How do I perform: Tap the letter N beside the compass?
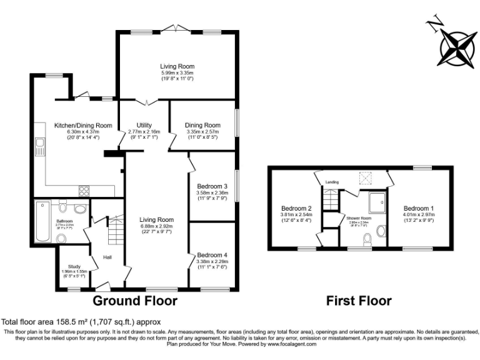point(433,23)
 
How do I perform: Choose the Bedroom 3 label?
point(212,186)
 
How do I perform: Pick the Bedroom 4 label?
point(212,255)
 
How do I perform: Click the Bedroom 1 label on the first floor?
point(418,208)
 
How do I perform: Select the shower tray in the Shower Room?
point(377,201)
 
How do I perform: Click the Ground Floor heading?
point(135,301)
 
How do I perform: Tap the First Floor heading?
point(359,301)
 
